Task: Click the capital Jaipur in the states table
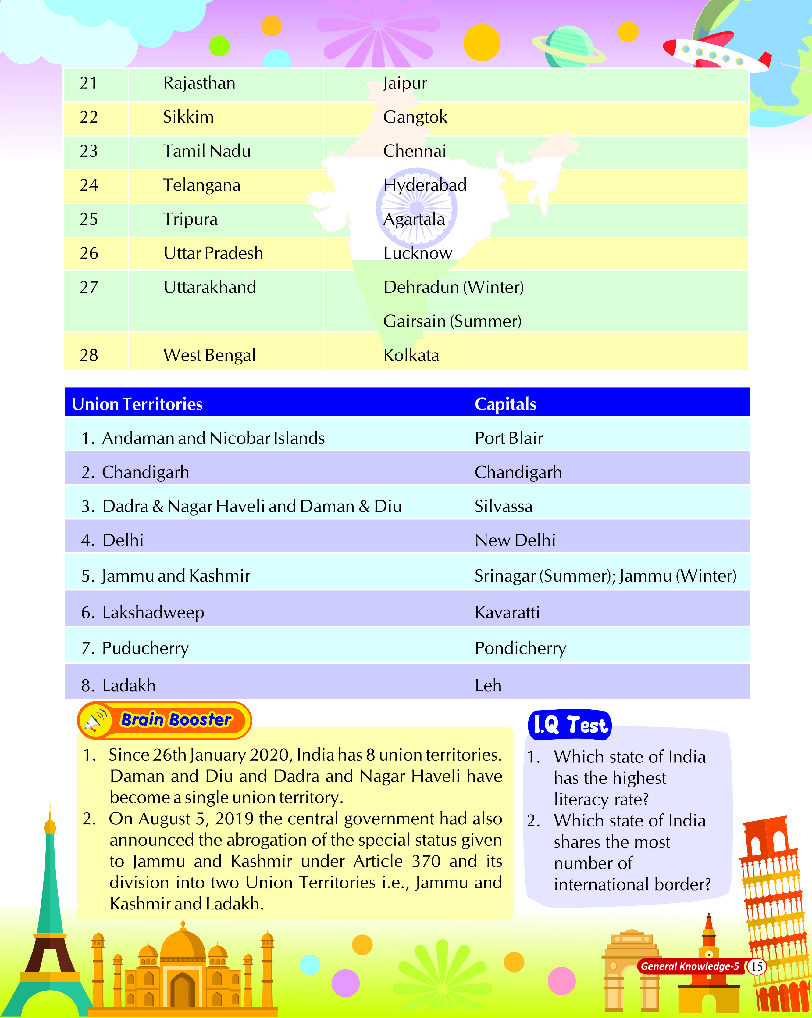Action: [x=405, y=84]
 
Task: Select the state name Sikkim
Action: [x=188, y=117]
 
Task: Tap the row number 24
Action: [x=89, y=185]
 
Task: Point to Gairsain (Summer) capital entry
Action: [x=452, y=321]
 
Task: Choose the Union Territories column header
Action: [x=137, y=404]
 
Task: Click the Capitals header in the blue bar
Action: [x=505, y=404]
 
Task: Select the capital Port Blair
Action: [x=509, y=438]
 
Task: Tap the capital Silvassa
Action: [x=504, y=506]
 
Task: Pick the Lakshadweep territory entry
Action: [x=153, y=612]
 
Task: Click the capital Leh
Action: [x=488, y=686]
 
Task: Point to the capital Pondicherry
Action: [x=520, y=648]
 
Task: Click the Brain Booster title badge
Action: [x=176, y=720]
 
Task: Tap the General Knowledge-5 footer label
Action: [x=690, y=966]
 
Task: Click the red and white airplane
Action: [x=715, y=52]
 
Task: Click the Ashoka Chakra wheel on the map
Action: [x=416, y=208]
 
